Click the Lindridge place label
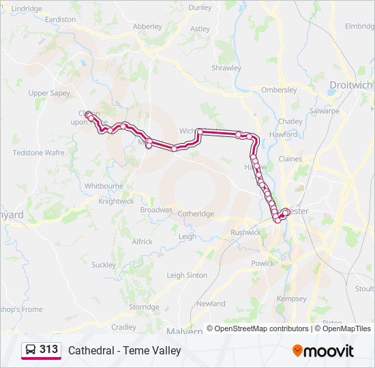pos(27,8)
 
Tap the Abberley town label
pos(147,27)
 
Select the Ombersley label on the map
pos(279,90)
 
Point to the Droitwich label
pos(351,85)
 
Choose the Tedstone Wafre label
pos(38,153)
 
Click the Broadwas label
pos(156,210)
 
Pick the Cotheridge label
pos(196,214)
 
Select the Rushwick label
pos(246,232)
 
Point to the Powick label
pos(263,263)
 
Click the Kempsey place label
pos(292,298)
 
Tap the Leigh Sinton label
pos(187,275)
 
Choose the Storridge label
pos(144,307)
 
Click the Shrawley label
pos(226,68)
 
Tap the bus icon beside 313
pos(31,350)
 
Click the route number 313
pos(49,349)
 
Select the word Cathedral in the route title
pos(89,350)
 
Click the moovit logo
pos(323,351)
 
